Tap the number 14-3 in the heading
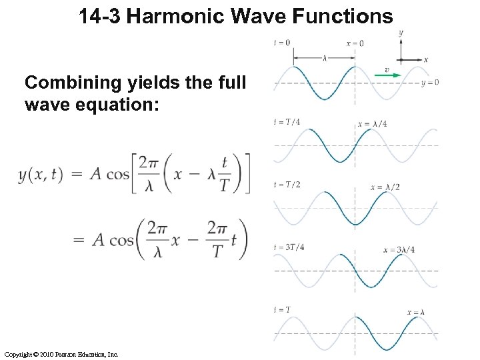pyautogui.click(x=99, y=16)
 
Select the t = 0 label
pyautogui.click(x=282, y=43)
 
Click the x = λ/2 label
pyautogui.click(x=385, y=187)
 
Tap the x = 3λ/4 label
pyautogui.click(x=399, y=250)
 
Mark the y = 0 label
pyautogui.click(x=430, y=83)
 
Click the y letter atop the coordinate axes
pyautogui.click(x=401, y=32)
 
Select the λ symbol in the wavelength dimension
pyautogui.click(x=325, y=58)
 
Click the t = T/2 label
pyautogui.click(x=287, y=184)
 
